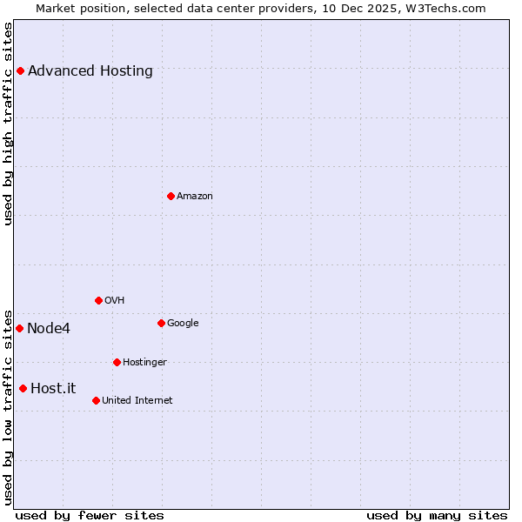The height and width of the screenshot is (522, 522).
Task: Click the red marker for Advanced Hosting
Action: point(20,70)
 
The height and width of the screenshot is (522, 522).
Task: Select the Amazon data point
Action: point(171,196)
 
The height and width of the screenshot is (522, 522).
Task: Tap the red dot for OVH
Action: point(98,300)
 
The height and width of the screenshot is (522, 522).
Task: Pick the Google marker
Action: point(161,323)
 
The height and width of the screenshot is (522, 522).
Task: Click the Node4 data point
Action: point(19,328)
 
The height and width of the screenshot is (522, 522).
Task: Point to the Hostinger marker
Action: point(117,362)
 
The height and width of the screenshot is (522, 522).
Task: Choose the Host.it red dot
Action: point(23,388)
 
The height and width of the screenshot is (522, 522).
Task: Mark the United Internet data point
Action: point(96,400)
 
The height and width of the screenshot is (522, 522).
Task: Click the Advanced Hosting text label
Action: point(90,71)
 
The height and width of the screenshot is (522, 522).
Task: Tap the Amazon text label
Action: point(195,197)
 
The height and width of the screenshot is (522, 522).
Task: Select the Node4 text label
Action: point(49,329)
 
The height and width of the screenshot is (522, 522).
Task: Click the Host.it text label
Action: point(53,389)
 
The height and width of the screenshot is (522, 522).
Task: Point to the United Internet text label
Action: point(137,401)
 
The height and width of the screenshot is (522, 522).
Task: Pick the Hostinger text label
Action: point(144,363)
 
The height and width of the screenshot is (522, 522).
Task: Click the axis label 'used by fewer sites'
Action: point(90,515)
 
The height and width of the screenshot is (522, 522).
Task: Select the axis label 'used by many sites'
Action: point(437,515)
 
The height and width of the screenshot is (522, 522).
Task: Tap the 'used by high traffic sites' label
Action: point(9,124)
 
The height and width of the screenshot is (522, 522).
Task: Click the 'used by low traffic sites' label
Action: point(9,407)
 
